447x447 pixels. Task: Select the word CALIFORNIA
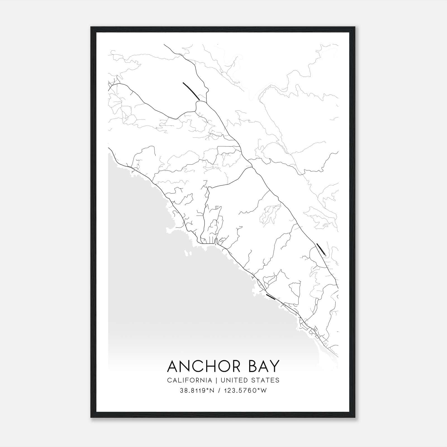pyautogui.click(x=189, y=380)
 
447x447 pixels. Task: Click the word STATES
pyautogui.click(x=265, y=380)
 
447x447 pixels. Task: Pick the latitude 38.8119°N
pyautogui.click(x=197, y=391)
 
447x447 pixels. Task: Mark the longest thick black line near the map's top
pyautogui.click(x=191, y=91)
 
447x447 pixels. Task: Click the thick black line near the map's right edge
pyautogui.click(x=321, y=249)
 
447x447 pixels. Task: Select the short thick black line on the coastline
pyautogui.click(x=270, y=297)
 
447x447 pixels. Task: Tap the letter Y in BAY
pyautogui.click(x=275, y=366)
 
